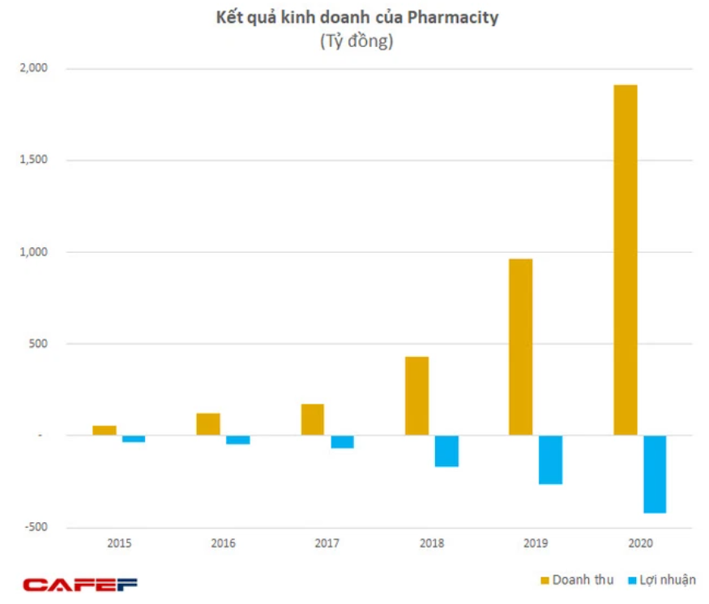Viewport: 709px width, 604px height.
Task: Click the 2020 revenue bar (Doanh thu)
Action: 625,259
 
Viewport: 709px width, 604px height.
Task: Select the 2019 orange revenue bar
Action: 520,347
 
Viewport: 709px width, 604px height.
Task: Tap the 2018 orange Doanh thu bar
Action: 416,396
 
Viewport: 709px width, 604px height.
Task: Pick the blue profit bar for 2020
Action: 654,474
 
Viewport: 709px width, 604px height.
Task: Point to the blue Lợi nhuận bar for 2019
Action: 550,460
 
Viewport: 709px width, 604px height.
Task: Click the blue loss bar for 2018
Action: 446,451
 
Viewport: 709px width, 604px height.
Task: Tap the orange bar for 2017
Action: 313,419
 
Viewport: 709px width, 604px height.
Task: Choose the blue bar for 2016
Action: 238,439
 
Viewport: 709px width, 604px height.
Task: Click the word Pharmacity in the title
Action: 457,18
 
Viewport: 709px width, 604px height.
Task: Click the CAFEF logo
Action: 80,584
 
